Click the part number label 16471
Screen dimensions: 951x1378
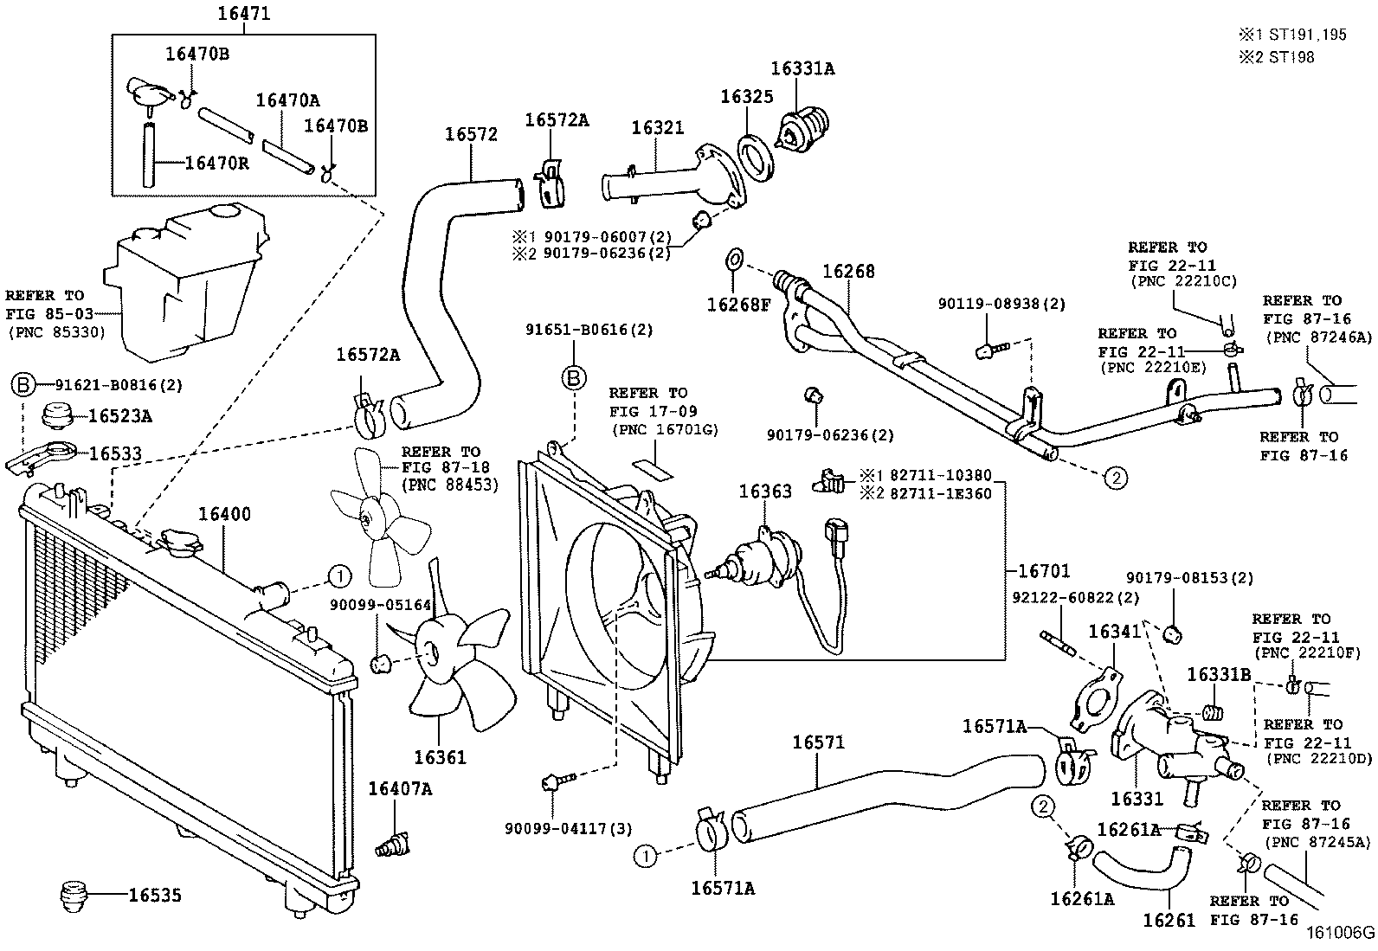click(243, 14)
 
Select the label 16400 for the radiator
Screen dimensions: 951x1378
click(224, 514)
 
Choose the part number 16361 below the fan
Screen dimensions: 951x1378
click(440, 757)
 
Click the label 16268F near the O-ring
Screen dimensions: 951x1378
click(738, 304)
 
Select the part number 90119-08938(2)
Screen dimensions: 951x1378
click(1001, 304)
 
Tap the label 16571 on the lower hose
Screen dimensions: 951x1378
click(818, 742)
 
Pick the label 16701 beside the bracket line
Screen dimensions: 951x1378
click(1043, 571)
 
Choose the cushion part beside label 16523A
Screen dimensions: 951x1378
click(60, 415)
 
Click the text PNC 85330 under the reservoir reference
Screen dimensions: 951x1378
click(56, 331)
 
